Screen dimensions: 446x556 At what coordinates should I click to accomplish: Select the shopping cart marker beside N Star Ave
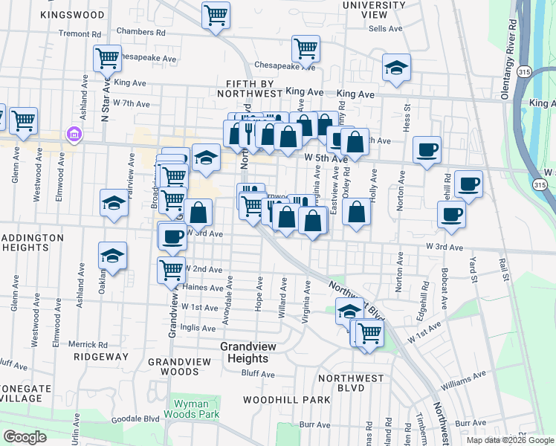107,58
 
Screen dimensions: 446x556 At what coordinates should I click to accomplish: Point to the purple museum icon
74,135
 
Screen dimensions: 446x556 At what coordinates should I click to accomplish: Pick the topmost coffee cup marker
427,149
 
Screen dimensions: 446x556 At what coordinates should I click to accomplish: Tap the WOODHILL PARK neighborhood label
286,400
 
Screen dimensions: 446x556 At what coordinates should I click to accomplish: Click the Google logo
25,437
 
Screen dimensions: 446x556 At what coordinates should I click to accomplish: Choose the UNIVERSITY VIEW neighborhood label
375,10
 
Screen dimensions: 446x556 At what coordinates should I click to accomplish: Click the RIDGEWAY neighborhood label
101,357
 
